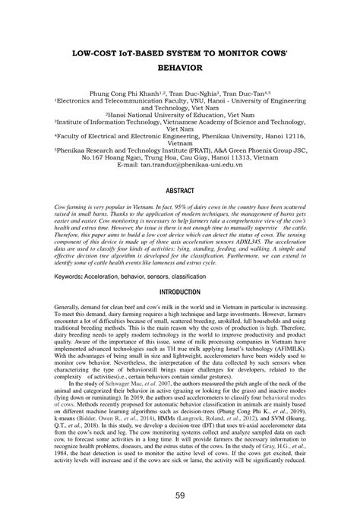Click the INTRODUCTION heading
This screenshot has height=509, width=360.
click(180, 270)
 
